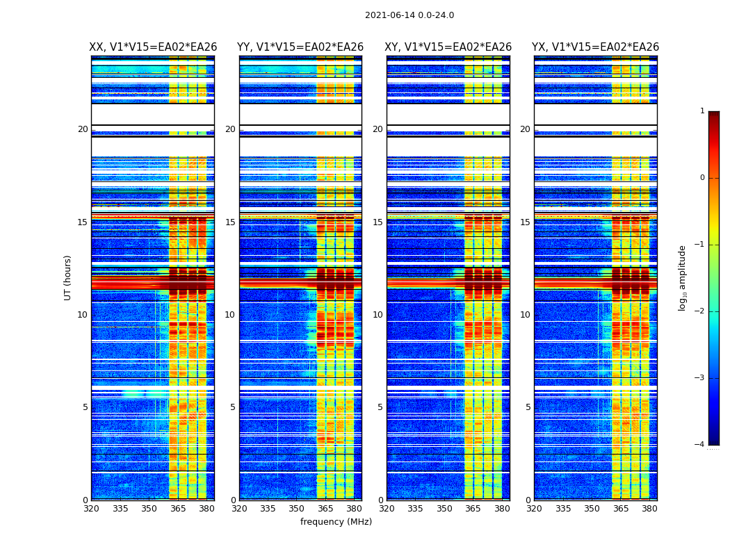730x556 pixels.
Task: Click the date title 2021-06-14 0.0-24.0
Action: pyautogui.click(x=409, y=15)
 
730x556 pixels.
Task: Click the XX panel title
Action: pyautogui.click(x=153, y=47)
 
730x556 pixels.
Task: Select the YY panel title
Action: pyautogui.click(x=300, y=47)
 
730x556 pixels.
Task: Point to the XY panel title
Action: pyautogui.click(x=448, y=47)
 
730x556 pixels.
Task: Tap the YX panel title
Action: pyautogui.click(x=596, y=47)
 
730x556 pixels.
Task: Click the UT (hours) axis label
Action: pyautogui.click(x=68, y=277)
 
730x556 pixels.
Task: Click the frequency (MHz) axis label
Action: pyautogui.click(x=336, y=522)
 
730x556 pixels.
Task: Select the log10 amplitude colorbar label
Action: pyautogui.click(x=683, y=277)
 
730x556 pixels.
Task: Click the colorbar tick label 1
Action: pyautogui.click(x=702, y=111)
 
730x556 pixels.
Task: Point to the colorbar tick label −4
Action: pyautogui.click(x=700, y=445)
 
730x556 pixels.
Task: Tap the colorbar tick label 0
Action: pyautogui.click(x=702, y=178)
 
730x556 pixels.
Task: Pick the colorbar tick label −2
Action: pyautogui.click(x=700, y=311)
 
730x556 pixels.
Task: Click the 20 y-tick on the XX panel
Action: pyautogui.click(x=83, y=129)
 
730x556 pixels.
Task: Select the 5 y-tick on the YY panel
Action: pyautogui.click(x=233, y=407)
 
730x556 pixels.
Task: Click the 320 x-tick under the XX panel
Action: pyautogui.click(x=91, y=509)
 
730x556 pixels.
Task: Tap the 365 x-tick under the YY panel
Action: pyautogui.click(x=325, y=509)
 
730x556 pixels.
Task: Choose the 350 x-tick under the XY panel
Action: pyautogui.click(x=444, y=509)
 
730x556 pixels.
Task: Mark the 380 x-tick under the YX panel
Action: pyautogui.click(x=649, y=509)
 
